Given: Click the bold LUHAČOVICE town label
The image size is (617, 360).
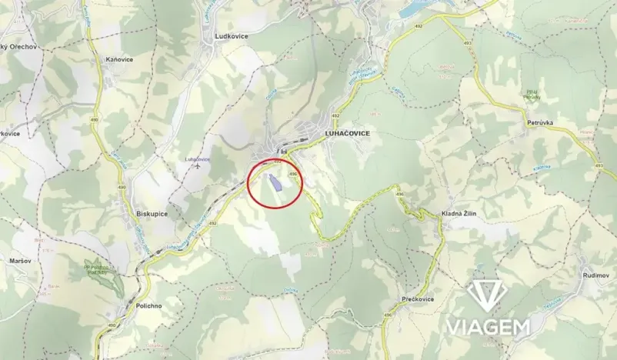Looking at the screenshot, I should pos(343,133).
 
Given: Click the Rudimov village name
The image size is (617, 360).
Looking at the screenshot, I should pos(597,275).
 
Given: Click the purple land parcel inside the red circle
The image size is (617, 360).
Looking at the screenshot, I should pos(273,183).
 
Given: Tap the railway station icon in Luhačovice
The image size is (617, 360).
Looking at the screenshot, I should pos(284,152).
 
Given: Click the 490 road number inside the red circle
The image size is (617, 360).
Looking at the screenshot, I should pos(292,175).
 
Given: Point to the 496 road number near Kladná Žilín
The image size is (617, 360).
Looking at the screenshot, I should pos(400,195).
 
